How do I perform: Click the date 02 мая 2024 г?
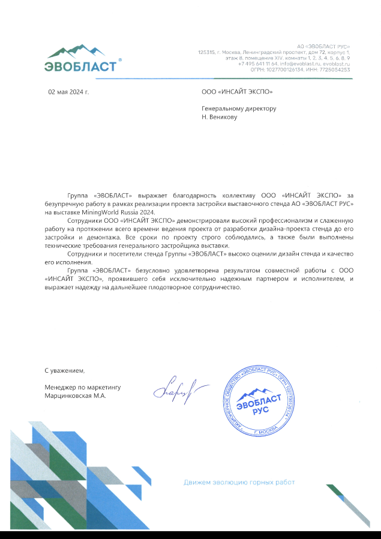tap(68, 92)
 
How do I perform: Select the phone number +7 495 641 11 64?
tap(257, 64)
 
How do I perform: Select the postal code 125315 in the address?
tap(206, 52)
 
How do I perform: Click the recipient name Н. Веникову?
tap(220, 117)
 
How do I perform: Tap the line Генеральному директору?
tap(239, 109)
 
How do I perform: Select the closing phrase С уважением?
tap(61, 371)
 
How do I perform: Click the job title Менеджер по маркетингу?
tap(82, 388)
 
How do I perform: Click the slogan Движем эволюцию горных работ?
tap(239, 482)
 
